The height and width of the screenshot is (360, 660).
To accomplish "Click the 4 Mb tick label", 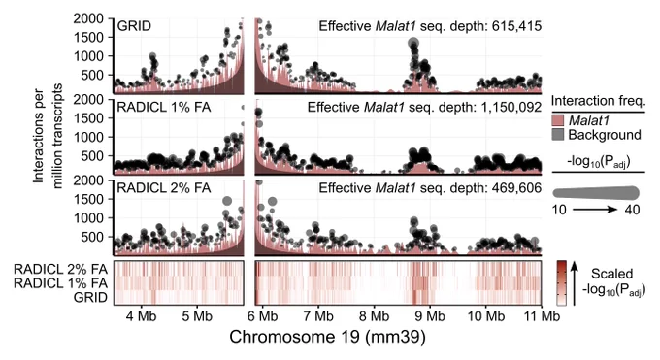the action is [x=141, y=315].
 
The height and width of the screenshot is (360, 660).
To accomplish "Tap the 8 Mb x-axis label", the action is [x=374, y=315].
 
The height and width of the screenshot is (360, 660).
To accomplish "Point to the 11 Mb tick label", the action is [x=542, y=315].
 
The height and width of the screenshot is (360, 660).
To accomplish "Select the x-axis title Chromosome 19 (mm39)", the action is [x=327, y=337].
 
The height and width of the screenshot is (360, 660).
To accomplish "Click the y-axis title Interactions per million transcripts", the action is [x=47, y=136].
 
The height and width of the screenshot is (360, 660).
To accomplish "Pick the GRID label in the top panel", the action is [x=134, y=26].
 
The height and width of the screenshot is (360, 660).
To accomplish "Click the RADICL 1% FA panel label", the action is [x=164, y=107].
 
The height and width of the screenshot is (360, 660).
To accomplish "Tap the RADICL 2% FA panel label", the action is [x=164, y=188].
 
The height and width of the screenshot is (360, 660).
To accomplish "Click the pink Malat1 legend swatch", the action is [x=557, y=121].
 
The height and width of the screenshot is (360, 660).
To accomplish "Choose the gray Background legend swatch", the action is [x=557, y=135].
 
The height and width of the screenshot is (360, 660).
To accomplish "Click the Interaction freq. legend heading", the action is [x=598, y=101].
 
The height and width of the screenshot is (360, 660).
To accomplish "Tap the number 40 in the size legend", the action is [x=632, y=210].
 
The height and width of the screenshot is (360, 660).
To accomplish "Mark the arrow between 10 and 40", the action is [x=595, y=210].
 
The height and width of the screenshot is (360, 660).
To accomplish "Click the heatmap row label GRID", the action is [x=90, y=297].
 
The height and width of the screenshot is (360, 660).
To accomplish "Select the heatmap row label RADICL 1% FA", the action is [x=60, y=283].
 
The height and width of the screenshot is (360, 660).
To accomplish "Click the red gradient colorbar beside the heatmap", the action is [x=562, y=283].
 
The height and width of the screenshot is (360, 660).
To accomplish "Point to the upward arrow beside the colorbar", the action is [x=575, y=283].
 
